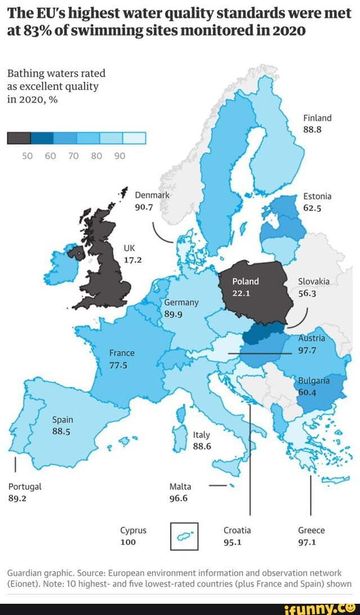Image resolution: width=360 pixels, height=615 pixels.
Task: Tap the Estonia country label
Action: [x=317, y=196]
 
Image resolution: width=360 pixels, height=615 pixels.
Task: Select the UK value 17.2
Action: [x=133, y=260]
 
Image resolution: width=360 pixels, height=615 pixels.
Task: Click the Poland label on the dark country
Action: [x=245, y=281]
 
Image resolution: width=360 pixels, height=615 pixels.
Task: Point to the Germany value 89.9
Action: [x=174, y=314]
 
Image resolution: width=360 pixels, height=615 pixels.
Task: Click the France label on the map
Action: [x=122, y=353]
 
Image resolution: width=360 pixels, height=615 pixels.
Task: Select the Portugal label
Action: [x=25, y=487]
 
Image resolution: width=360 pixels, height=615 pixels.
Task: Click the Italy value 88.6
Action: [x=202, y=446]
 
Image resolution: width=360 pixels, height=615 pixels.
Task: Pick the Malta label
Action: [x=180, y=487]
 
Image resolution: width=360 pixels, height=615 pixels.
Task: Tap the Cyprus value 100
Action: [x=128, y=542]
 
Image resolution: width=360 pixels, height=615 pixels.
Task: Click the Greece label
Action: [x=311, y=530]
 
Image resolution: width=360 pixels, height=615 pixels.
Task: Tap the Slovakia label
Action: [x=314, y=282]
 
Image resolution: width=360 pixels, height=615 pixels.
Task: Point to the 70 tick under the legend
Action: [x=73, y=156]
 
